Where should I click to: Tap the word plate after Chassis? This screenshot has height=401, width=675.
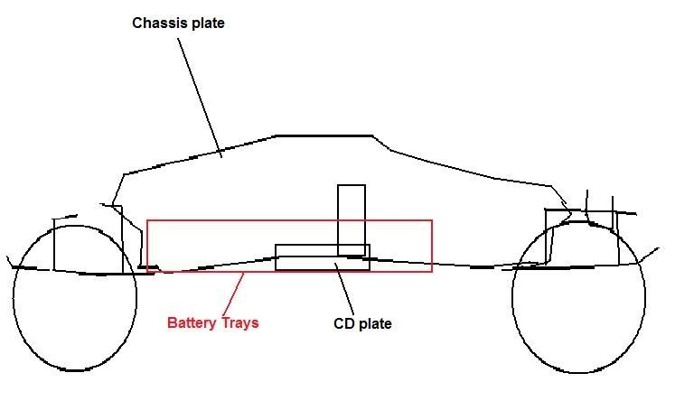click(206, 23)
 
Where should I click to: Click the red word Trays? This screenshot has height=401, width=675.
click(239, 322)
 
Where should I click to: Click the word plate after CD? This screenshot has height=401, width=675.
click(376, 322)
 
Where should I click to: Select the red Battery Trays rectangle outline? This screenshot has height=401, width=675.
click(289, 220)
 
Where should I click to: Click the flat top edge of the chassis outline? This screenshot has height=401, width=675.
click(323, 135)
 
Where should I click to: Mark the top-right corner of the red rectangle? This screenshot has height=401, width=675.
click(432, 220)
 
